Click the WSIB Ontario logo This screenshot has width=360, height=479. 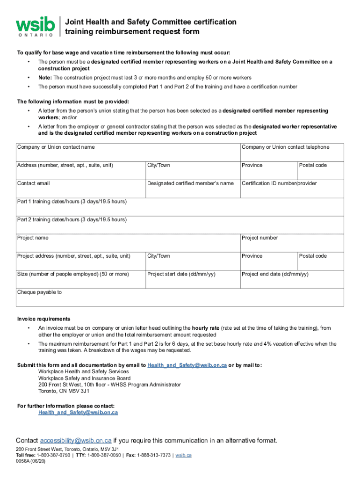click(35, 27)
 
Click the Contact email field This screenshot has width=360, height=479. click(80, 189)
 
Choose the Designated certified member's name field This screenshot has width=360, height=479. click(192, 189)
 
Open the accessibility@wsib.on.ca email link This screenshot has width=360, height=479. click(76, 441)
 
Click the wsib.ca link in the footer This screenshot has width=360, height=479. click(183, 455)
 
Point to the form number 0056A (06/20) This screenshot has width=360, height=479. click(31, 461)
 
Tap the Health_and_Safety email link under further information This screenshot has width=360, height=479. click(78, 413)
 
